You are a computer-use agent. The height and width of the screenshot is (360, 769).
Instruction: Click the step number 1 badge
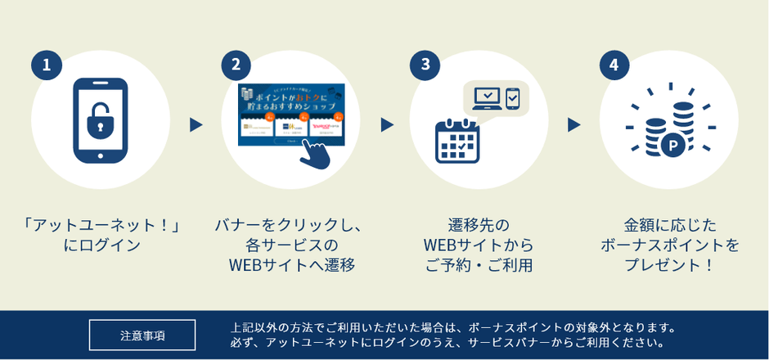pos(47,65)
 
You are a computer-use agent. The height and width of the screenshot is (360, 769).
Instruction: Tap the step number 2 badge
pos(236,65)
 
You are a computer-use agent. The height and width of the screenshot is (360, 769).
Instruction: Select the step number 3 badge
pos(425,65)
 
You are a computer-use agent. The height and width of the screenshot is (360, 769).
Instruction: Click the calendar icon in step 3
pos(456,141)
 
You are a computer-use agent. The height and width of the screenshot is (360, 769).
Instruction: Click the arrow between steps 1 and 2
pos(196,125)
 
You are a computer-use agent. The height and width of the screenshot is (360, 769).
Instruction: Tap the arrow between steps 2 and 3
pos(386,125)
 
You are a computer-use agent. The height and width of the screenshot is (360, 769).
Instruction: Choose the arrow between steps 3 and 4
pos(574,125)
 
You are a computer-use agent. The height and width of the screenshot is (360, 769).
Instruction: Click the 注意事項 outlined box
pos(142,335)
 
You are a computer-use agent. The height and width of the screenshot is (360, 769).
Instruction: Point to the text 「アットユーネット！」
pos(101,224)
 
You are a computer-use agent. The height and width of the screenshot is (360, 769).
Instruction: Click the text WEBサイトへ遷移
pos(291,265)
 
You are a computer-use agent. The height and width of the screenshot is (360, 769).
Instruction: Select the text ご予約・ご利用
pos(479,265)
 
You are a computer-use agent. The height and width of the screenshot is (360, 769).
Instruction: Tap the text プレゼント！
pos(669,265)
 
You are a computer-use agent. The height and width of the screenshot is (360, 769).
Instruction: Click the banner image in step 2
pos(290,115)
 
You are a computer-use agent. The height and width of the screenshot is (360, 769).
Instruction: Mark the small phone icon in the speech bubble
pos(513,98)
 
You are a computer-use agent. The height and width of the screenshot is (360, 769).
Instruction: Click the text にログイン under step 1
pos(101,245)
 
